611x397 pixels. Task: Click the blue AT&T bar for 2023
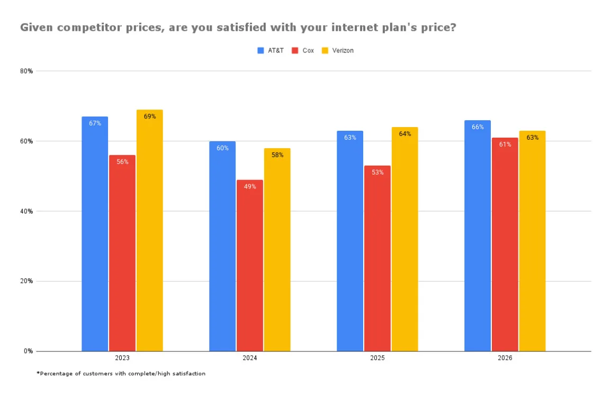click(x=95, y=233)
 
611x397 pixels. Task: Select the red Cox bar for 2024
click(x=250, y=265)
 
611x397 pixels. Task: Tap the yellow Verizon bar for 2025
click(x=405, y=239)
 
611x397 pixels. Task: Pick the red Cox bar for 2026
click(x=505, y=244)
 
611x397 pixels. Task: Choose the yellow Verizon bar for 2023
click(x=150, y=230)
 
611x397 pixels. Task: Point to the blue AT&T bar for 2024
click(x=222, y=246)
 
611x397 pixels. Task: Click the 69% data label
click(x=150, y=116)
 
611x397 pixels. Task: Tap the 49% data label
click(x=250, y=186)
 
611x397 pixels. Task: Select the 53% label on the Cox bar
click(x=378, y=172)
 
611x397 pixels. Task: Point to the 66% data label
click(x=478, y=127)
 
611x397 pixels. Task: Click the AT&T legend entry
click(x=271, y=51)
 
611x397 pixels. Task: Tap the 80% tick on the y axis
click(x=27, y=71)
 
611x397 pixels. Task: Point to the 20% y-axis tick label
click(x=27, y=281)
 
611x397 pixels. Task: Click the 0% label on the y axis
click(x=29, y=351)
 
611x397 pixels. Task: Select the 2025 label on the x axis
click(x=378, y=358)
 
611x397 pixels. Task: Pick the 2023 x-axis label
click(x=122, y=358)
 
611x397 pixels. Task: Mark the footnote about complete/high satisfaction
click(x=121, y=374)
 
